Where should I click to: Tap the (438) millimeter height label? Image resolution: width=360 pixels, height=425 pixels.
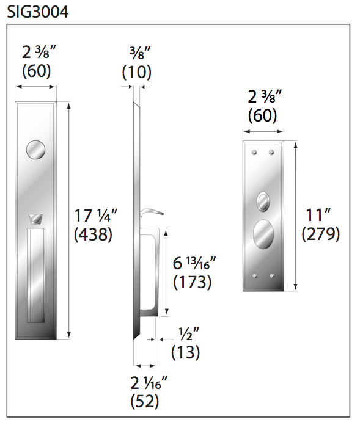tap(93, 234)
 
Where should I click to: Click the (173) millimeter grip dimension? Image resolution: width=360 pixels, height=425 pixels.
tap(193, 282)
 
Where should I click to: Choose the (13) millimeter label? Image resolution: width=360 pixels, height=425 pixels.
tap(185, 352)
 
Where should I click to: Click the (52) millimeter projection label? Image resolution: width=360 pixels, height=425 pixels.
tap(145, 401)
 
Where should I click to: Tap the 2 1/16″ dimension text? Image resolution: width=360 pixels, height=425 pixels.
tap(149, 383)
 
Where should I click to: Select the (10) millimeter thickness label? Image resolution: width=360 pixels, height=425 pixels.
tap(137, 72)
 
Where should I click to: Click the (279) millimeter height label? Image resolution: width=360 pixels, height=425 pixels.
tap(321, 234)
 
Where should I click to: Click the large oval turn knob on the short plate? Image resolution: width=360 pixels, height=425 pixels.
tap(263, 235)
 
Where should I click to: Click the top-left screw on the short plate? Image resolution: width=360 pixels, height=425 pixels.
tap(254, 151)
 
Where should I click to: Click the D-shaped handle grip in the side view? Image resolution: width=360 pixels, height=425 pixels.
tap(151, 272)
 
